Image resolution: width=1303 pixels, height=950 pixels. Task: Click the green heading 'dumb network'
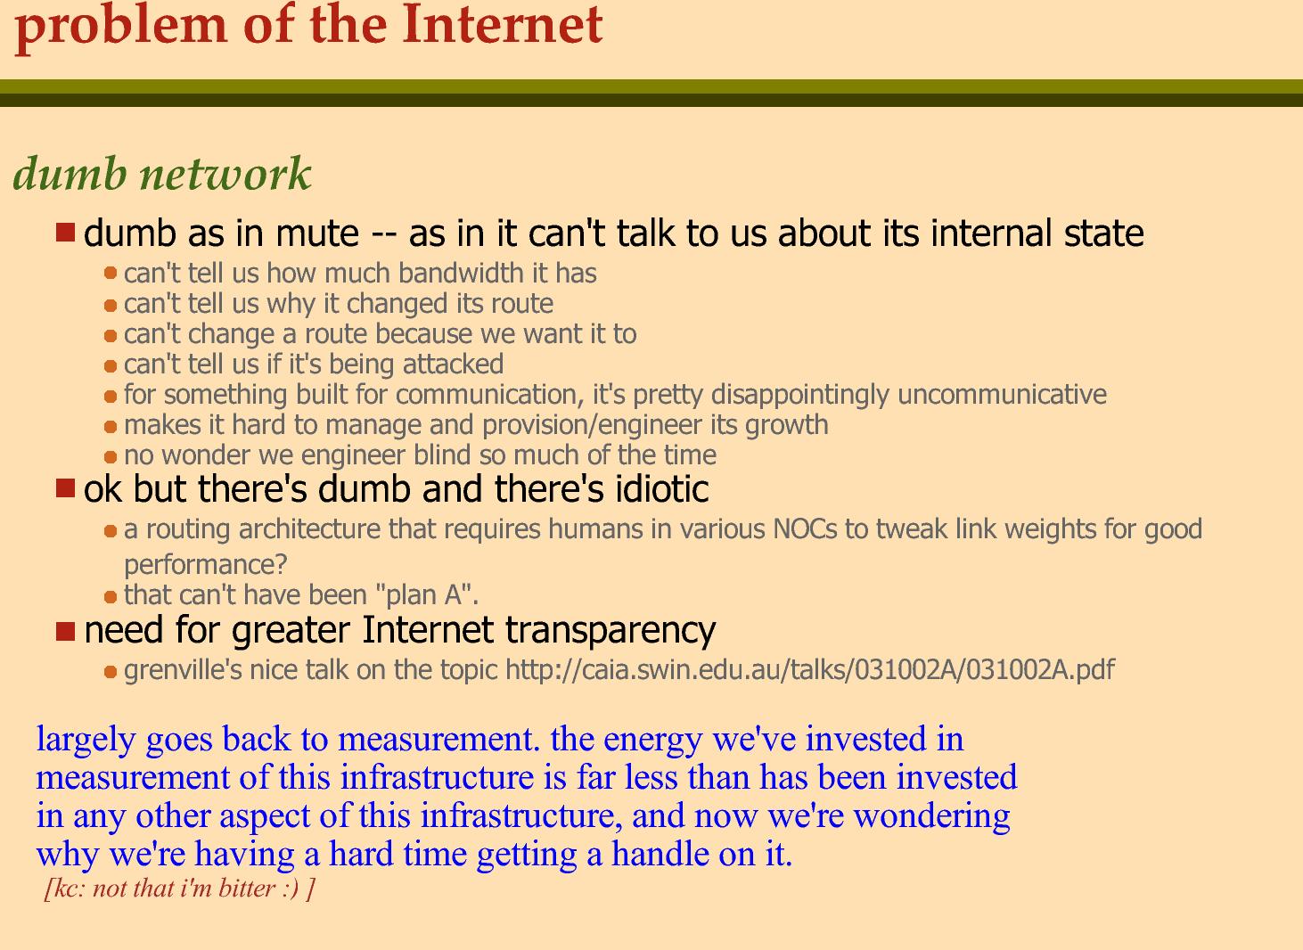[x=162, y=174]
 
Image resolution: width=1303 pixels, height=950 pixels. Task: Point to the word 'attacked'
[x=453, y=364]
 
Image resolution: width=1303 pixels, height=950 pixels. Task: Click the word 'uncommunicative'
[x=1002, y=394]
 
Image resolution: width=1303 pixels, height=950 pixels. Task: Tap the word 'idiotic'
[x=662, y=488]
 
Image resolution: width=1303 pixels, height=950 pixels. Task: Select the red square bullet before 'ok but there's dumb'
[x=65, y=488]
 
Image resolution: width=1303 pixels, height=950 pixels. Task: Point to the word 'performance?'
[x=206, y=564]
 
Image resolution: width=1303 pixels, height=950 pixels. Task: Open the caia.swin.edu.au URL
[x=810, y=669]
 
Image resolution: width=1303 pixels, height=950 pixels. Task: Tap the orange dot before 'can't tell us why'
[x=111, y=305]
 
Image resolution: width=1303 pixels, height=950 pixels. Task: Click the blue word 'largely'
[x=86, y=740]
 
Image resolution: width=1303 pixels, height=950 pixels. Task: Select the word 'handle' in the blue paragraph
[x=660, y=854]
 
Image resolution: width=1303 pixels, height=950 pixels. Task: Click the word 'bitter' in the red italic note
[x=247, y=889]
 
